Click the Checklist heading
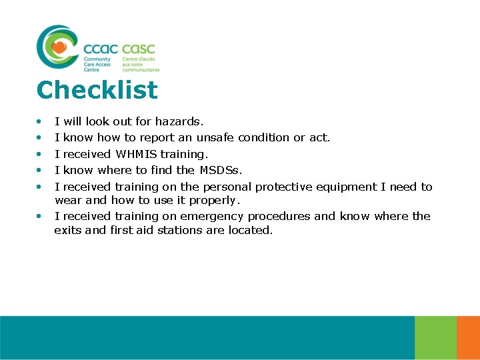[x=97, y=90]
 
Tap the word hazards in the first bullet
[x=179, y=121]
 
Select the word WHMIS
[x=137, y=154]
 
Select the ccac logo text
[x=101, y=49]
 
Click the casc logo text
[x=139, y=49]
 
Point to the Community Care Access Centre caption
[x=97, y=64]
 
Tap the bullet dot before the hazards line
[x=39, y=121]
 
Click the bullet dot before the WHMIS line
[x=39, y=154]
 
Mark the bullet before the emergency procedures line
[x=39, y=216]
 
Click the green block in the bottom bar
[x=435, y=337]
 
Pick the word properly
[x=215, y=200]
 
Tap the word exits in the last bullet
[x=68, y=230]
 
